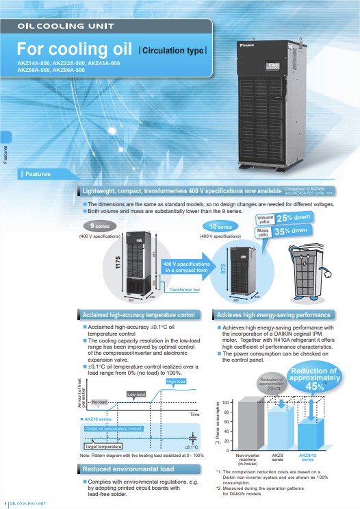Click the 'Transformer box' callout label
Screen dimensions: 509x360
click(x=184, y=290)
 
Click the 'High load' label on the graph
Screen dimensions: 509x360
click(x=176, y=381)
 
